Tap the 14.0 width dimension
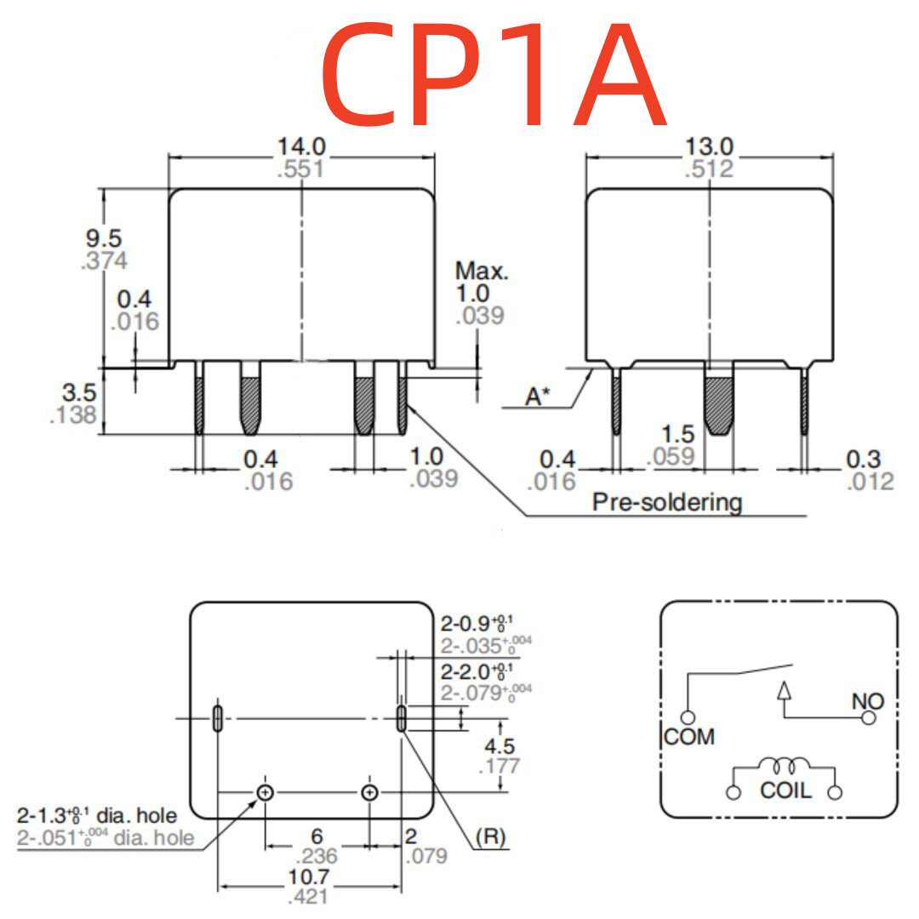tap(301, 146)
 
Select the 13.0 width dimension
tap(709, 146)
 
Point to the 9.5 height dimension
tap(104, 238)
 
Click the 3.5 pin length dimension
tap(79, 392)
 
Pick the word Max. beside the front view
tap(482, 271)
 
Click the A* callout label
tap(538, 397)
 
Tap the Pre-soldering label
tap(667, 502)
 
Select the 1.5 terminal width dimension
tap(678, 434)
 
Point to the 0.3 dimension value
tap(864, 459)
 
